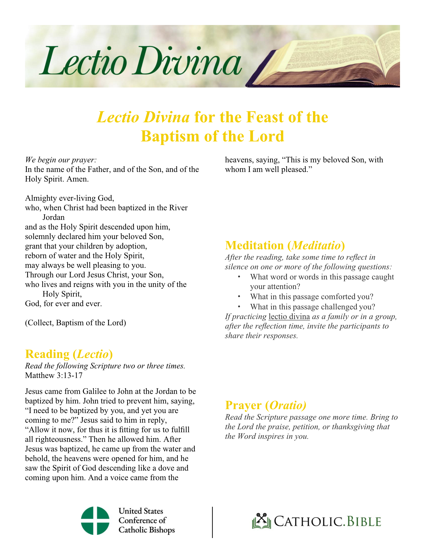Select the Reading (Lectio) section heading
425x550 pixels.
(69, 354)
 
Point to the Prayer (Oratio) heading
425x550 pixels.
(265, 405)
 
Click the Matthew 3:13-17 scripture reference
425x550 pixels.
(54, 375)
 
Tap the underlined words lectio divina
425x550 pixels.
(289, 316)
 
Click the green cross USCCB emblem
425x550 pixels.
(95, 521)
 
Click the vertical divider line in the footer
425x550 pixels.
(213, 522)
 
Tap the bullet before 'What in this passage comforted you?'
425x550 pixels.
(239, 297)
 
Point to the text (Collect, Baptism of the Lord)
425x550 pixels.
(76, 323)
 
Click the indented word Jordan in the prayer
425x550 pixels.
(53, 217)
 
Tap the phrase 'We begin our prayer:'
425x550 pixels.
(61, 160)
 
